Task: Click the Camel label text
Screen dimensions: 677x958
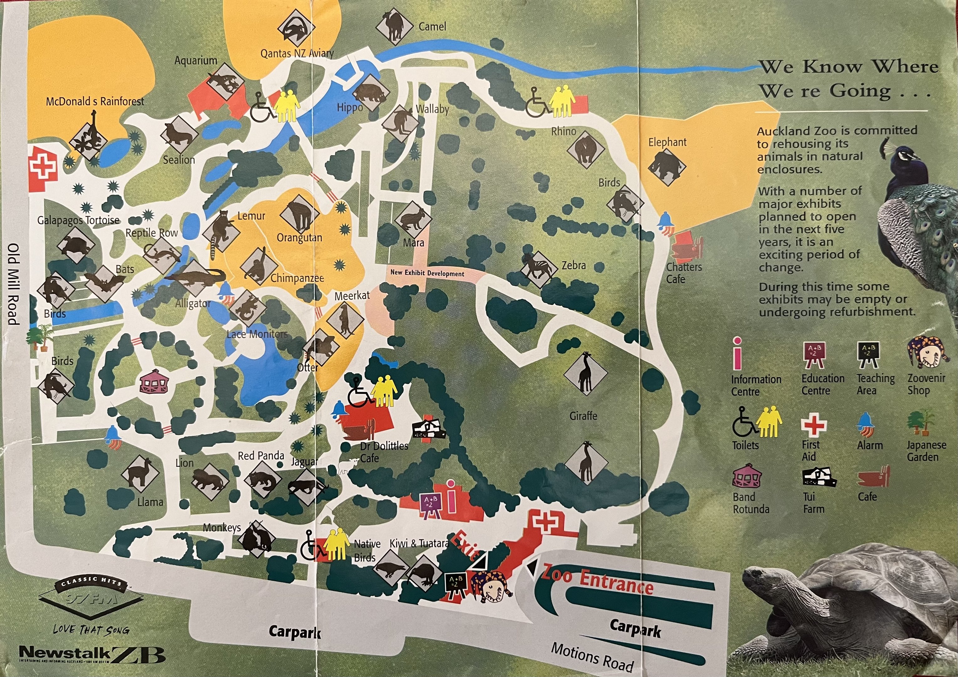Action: click(x=432, y=27)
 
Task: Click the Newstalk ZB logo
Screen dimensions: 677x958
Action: click(x=92, y=654)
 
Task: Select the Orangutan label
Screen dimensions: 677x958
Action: click(x=299, y=238)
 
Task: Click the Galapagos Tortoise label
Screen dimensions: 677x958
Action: click(x=78, y=220)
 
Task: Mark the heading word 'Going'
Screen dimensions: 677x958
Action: click(x=860, y=91)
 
